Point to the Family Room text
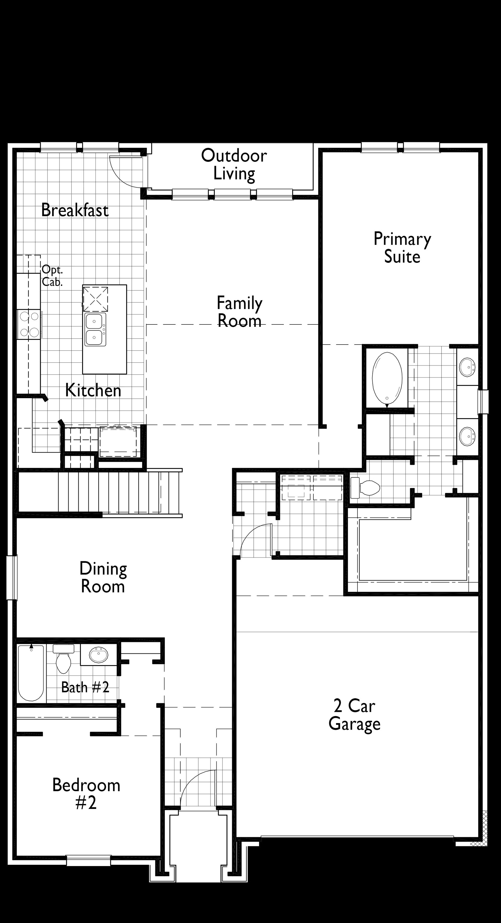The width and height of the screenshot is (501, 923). point(240,311)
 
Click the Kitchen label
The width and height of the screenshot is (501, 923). point(93,390)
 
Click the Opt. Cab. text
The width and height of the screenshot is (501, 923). point(52,276)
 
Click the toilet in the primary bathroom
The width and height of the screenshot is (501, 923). point(365,488)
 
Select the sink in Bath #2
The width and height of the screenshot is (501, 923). point(99,655)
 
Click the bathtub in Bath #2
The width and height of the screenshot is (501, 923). point(31,673)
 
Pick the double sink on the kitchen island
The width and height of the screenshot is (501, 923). point(95,329)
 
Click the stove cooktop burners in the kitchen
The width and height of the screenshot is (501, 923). point(29,324)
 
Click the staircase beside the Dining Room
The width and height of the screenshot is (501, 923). point(100,493)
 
